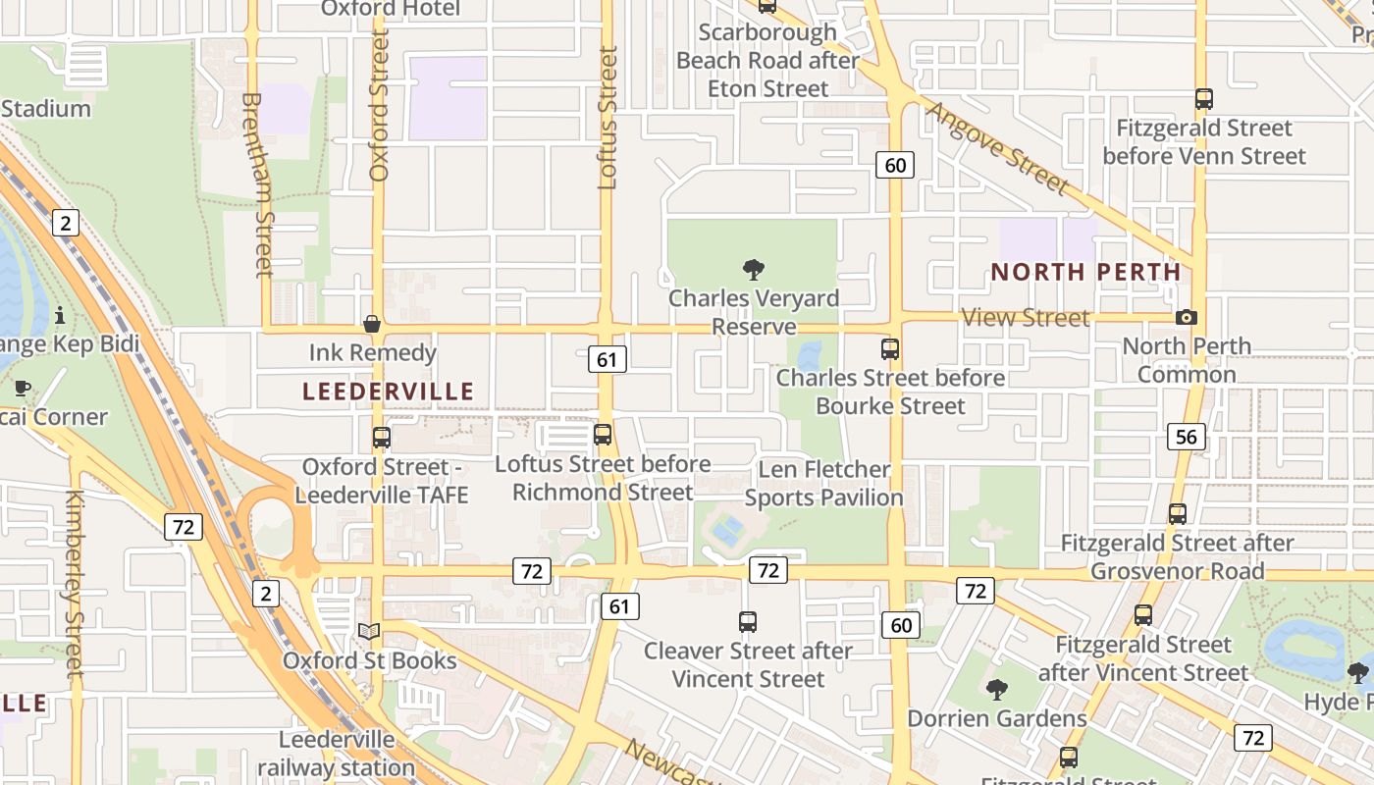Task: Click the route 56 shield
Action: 1186,437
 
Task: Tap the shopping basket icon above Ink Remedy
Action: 372,324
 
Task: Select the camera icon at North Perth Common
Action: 1186,317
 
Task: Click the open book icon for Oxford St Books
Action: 368,631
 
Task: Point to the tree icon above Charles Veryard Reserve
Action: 754,269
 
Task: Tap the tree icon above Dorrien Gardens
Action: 996,689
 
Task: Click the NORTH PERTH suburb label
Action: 1085,272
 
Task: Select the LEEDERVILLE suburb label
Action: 388,392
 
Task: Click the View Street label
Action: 1026,317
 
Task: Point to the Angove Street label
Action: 996,147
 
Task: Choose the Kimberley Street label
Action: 75,584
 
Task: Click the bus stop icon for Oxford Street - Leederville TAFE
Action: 381,438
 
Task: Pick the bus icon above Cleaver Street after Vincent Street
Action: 748,621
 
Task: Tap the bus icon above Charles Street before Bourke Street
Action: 890,348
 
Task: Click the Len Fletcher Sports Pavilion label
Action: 823,484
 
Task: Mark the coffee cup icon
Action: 22,388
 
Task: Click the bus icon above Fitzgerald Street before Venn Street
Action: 1204,98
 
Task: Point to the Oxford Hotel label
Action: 391,9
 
